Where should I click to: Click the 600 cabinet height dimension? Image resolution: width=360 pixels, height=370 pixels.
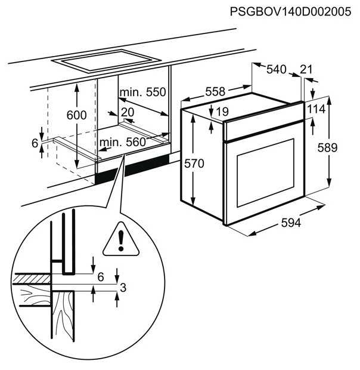pos(77,115)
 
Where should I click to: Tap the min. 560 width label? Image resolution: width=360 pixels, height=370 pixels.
pos(123,141)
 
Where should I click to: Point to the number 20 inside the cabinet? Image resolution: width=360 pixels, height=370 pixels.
pos(128,112)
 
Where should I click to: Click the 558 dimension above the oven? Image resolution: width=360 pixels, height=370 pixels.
pos(215,91)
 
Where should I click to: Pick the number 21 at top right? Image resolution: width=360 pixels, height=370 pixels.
pos(306,70)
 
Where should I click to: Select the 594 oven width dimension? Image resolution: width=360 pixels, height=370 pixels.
pos(290,223)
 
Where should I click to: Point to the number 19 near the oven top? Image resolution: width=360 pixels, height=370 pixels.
pos(222,111)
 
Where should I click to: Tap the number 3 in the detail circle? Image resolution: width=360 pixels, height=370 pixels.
pos(123,288)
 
